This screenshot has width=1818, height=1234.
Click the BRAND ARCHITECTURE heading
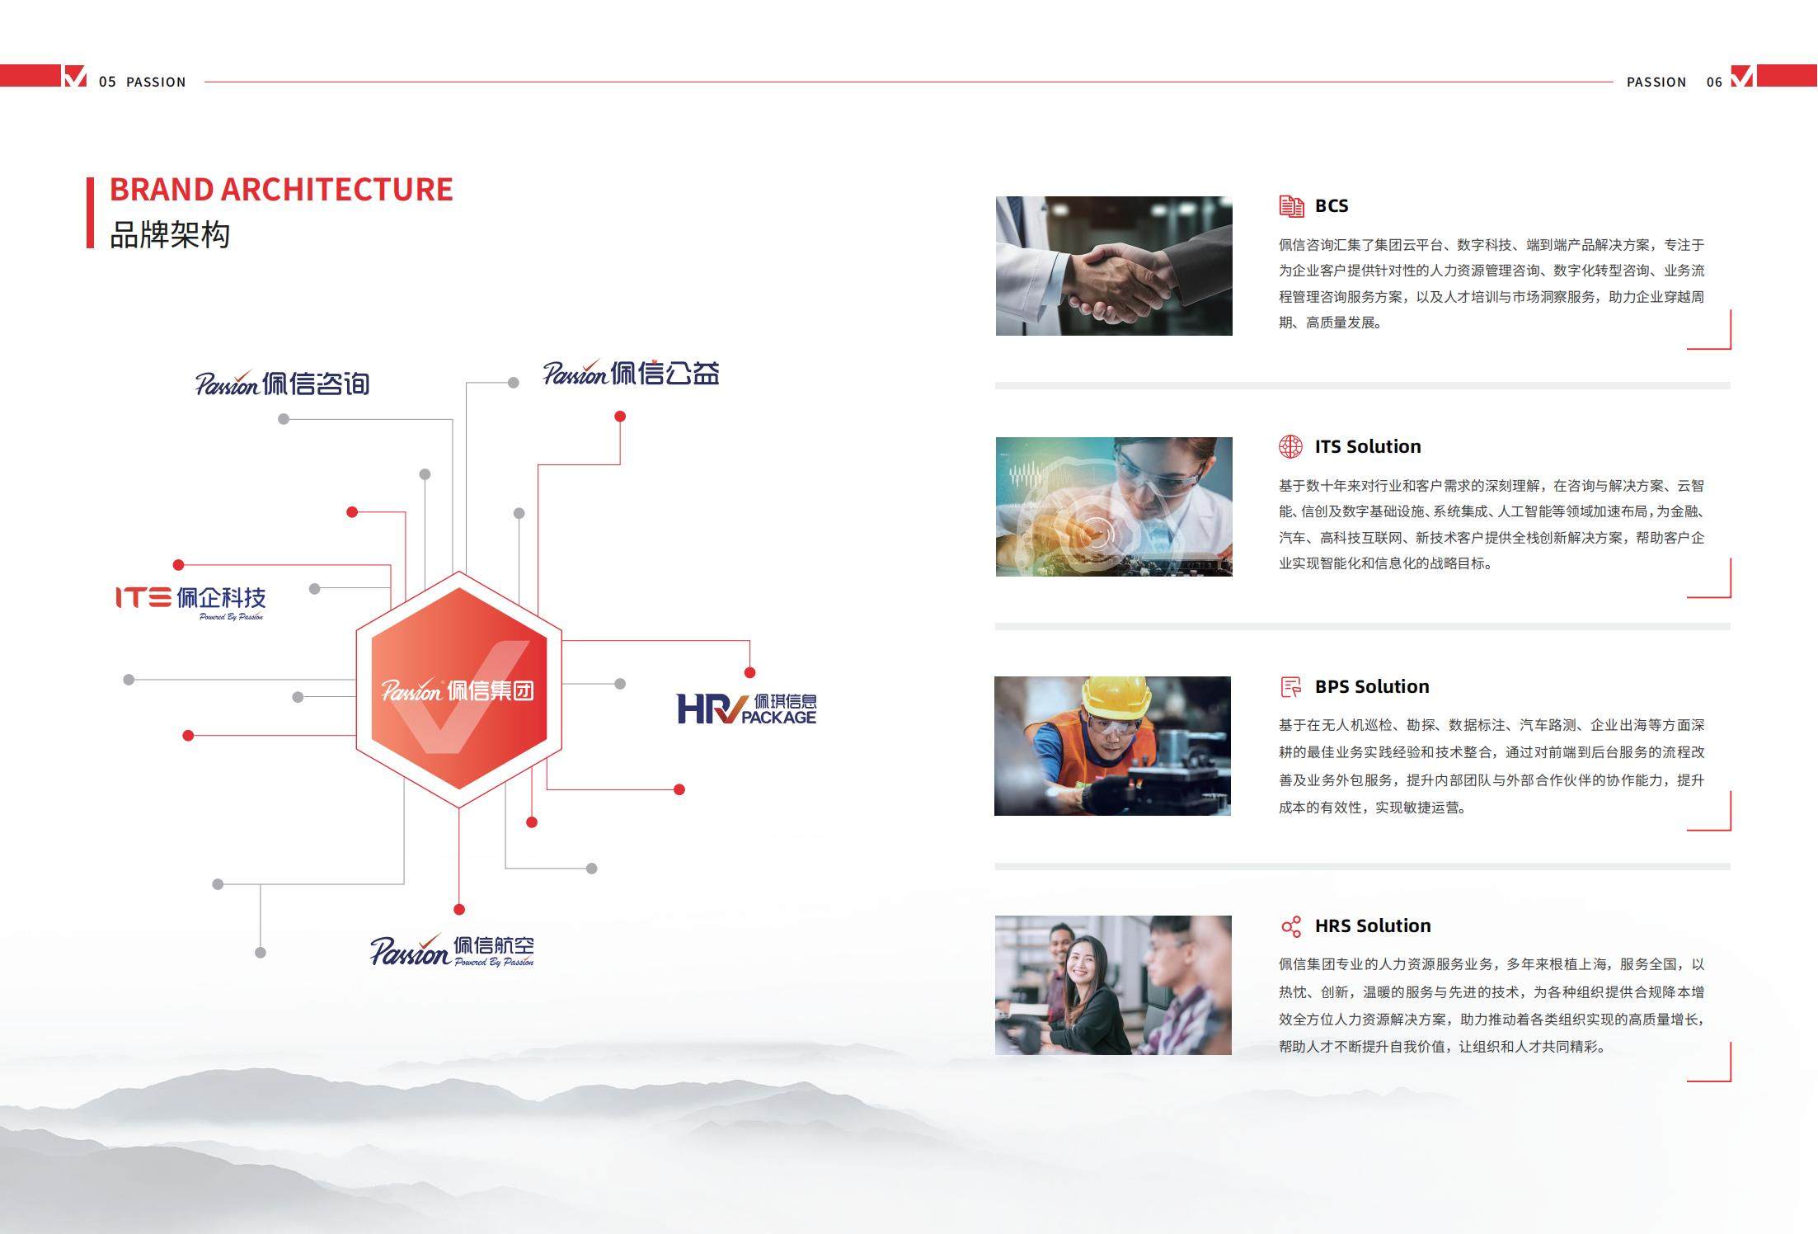tap(281, 190)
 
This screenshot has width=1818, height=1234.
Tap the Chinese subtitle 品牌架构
tap(170, 235)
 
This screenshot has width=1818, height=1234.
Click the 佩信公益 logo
tap(631, 373)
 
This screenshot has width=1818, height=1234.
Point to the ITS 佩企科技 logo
tap(190, 601)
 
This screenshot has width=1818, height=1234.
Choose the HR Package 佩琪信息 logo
tap(747, 709)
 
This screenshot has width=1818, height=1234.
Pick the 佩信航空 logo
tap(452, 950)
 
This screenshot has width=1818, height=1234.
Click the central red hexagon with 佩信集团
tap(459, 690)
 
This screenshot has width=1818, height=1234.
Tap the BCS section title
tap(1332, 205)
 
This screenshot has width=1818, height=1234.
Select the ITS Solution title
tap(1368, 446)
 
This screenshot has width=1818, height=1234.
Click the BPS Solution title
tap(1372, 686)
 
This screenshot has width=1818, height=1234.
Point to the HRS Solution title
tap(1373, 925)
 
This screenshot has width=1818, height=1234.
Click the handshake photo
tap(1114, 266)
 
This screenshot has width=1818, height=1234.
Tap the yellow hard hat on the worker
tap(1116, 697)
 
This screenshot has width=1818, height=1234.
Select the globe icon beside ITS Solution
tap(1290, 446)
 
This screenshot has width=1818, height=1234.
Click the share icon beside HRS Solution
tap(1291, 926)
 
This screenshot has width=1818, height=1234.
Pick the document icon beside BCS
tap(1291, 206)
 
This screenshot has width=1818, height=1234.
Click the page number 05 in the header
tap(107, 82)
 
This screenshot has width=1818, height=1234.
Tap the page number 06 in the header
tap(1715, 82)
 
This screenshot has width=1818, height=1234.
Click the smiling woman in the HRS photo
tap(1088, 990)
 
